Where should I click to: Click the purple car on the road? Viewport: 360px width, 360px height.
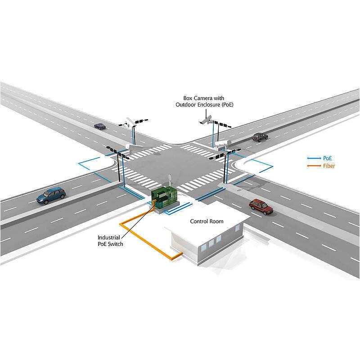99,126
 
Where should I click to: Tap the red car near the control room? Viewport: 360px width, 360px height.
261,206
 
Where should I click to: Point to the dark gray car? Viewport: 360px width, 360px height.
260,137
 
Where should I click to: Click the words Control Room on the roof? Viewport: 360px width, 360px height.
207,221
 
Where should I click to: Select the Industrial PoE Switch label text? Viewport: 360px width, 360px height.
110,240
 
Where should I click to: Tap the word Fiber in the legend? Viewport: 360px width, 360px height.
329,166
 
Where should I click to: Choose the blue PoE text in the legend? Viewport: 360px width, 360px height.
328,159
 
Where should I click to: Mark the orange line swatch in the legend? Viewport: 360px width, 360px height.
313,166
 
